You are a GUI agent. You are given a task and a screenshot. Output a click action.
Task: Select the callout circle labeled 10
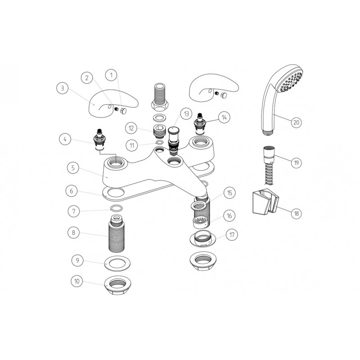[x=77, y=281]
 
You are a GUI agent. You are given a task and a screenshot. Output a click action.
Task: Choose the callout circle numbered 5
[x=71, y=168]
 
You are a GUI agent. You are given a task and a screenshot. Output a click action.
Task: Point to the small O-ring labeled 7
[x=116, y=209]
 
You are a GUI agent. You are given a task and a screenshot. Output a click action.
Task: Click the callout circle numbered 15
[x=230, y=193]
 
